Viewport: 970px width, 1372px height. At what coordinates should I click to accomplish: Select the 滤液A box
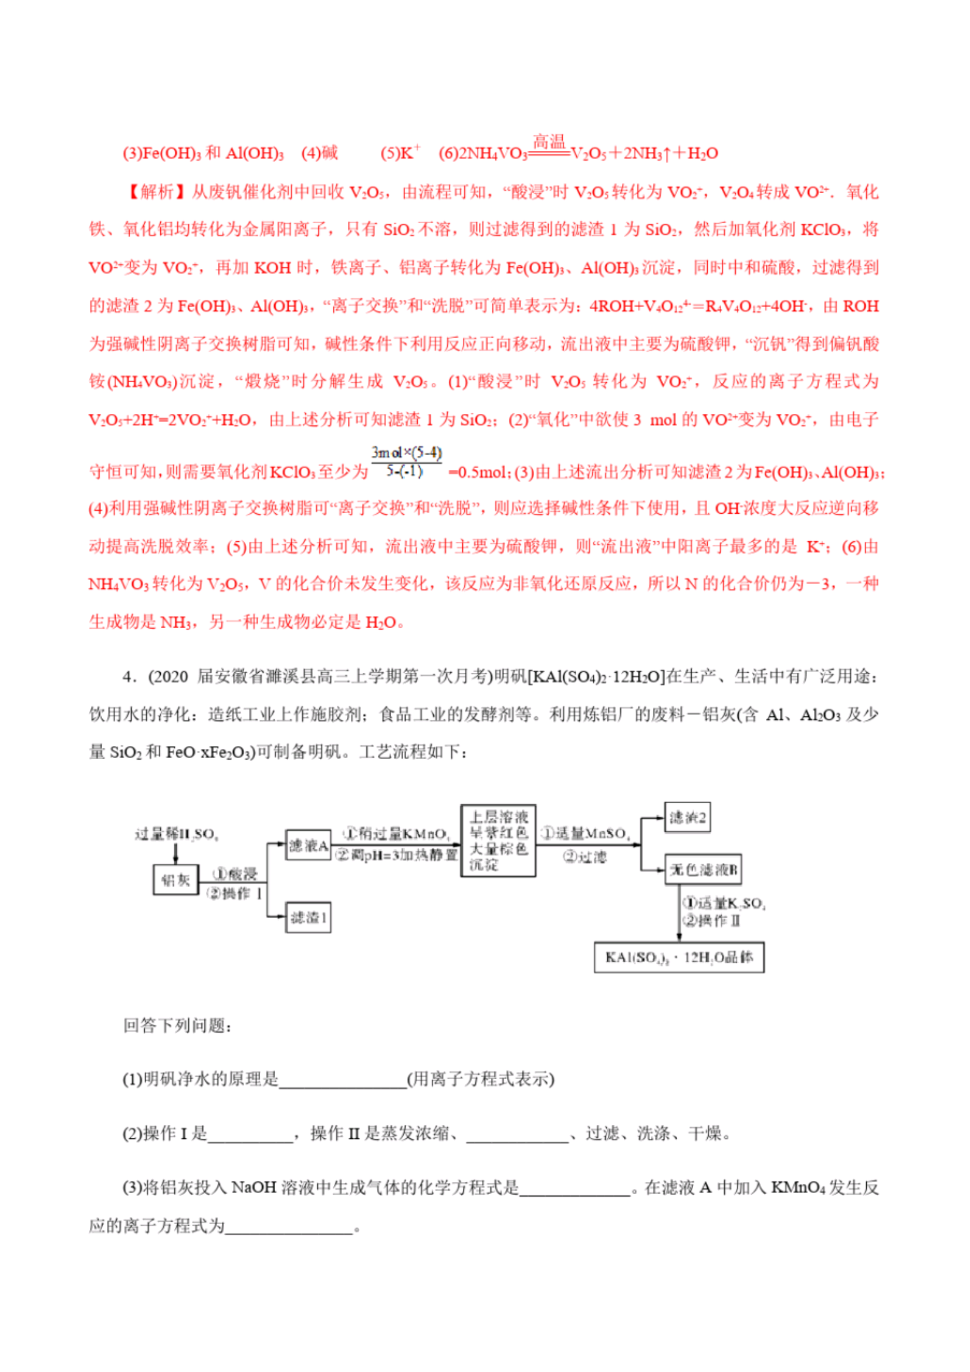(x=307, y=845)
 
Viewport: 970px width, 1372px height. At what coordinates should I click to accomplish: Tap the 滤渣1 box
(x=307, y=917)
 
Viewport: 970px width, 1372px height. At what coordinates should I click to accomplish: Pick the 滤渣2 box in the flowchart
(x=687, y=817)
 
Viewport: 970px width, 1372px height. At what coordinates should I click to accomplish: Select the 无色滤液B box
(x=703, y=869)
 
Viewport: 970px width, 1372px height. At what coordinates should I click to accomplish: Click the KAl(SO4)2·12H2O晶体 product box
(x=678, y=958)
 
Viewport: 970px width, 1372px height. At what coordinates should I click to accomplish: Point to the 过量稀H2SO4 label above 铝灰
(x=176, y=834)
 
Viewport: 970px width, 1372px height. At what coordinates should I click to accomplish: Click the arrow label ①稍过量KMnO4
(x=396, y=834)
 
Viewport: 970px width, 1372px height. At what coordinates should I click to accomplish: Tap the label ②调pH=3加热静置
(x=396, y=855)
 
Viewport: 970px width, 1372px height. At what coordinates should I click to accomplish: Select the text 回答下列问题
(x=177, y=1026)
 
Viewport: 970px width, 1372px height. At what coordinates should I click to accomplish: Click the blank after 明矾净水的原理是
(x=342, y=1079)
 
